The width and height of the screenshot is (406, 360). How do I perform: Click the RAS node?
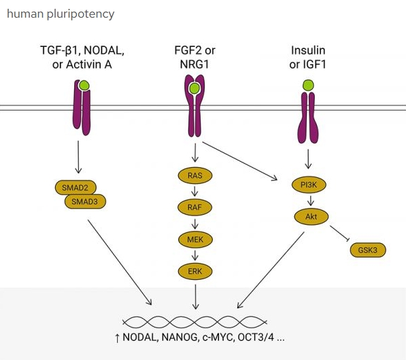[195, 176]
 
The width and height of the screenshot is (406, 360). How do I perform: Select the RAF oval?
[194, 207]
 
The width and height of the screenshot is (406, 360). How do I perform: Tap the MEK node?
[195, 240]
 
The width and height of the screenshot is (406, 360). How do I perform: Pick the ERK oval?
[195, 271]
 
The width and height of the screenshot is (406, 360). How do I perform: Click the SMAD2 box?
[75, 187]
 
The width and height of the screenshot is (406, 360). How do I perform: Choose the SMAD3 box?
[85, 202]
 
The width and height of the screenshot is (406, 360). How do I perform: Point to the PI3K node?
[309, 185]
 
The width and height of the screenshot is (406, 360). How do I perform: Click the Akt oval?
[311, 217]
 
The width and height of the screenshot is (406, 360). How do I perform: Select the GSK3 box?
[368, 250]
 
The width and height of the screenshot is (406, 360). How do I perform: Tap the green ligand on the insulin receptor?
[308, 85]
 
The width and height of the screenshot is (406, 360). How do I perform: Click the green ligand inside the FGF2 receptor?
[194, 88]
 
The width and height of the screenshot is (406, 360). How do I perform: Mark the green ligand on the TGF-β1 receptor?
[84, 86]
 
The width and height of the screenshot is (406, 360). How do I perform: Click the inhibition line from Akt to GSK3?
[340, 233]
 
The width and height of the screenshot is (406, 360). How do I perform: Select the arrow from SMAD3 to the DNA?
[120, 262]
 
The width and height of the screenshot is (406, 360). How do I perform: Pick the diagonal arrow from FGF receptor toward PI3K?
[240, 160]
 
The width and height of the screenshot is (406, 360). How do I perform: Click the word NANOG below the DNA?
[179, 338]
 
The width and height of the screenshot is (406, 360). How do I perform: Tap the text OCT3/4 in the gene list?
[256, 338]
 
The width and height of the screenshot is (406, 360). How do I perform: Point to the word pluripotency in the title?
[80, 14]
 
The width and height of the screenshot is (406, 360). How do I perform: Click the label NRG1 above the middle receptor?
[194, 64]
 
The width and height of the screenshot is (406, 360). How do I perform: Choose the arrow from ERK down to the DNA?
[195, 297]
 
